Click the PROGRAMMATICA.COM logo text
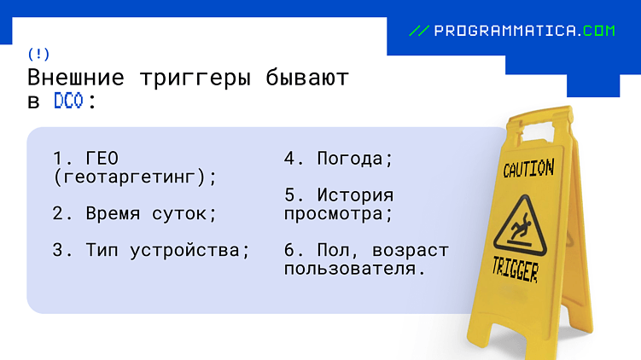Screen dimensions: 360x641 524,31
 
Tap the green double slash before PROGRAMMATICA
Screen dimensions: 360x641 419,31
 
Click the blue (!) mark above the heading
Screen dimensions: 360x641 39,54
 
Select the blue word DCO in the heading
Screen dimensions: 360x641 67,101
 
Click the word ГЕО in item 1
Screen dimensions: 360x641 102,159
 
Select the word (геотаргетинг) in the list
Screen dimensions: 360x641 135,177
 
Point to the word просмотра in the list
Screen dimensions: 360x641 338,213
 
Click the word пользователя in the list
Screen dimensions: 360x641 354,269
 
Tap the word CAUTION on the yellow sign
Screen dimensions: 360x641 527,168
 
